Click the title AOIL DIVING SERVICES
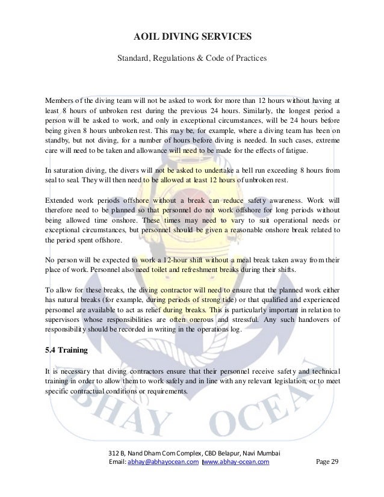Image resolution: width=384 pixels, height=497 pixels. (x=192, y=39)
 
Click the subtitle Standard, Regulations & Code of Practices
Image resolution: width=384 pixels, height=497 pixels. (x=192, y=59)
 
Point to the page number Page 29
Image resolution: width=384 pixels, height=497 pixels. (x=327, y=461)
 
